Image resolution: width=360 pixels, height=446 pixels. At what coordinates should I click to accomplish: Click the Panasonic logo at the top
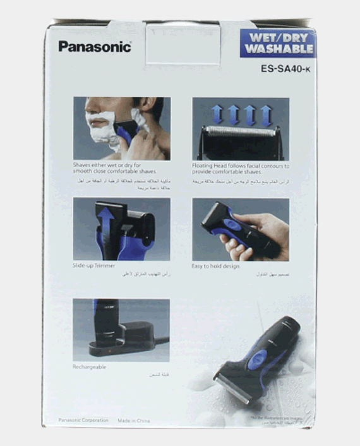coord(95,46)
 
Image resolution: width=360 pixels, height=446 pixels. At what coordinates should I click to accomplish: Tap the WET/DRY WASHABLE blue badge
coord(277,43)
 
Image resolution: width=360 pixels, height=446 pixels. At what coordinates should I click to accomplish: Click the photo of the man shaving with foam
coord(121,128)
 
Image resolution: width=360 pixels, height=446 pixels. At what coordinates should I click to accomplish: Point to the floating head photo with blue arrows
coord(241,128)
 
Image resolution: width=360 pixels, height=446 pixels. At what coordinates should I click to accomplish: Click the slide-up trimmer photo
coord(121,229)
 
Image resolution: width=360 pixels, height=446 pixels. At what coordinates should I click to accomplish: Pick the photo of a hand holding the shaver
coord(241,229)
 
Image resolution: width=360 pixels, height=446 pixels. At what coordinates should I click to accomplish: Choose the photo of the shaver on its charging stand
coord(121,330)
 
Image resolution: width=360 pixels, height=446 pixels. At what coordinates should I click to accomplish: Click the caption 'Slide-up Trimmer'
coord(94,266)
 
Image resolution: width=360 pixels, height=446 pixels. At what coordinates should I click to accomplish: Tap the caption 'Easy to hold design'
coord(216,266)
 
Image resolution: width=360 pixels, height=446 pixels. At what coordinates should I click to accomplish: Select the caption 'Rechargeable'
coord(90,366)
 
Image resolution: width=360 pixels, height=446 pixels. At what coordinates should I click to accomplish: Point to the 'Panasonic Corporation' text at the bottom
coord(83,419)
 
